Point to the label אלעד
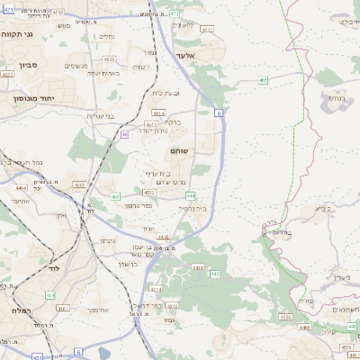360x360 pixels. click(x=185, y=56)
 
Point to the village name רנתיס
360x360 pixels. click(x=335, y=97)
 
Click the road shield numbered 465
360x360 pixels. click(x=263, y=81)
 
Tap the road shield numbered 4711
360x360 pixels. click(x=208, y=29)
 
